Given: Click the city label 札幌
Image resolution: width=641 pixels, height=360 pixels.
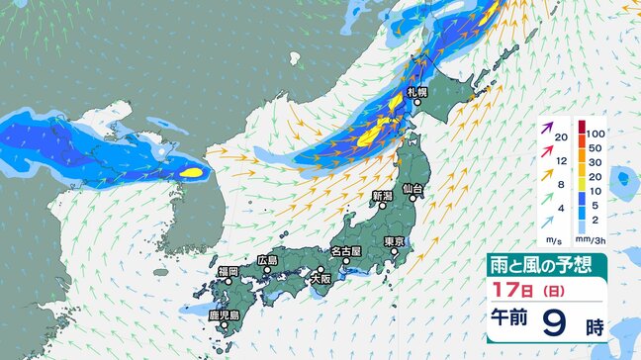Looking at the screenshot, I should pos(415,91).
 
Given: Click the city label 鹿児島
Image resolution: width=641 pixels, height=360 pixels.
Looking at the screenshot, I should pos(228,315).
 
